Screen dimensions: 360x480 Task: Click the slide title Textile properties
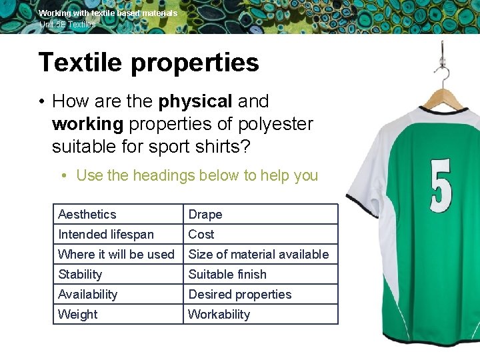click(x=149, y=63)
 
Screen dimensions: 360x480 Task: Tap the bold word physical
click(x=195, y=101)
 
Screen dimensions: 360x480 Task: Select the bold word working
click(x=87, y=124)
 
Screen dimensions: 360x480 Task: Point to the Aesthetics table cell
click(x=87, y=214)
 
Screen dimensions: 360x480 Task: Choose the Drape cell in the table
click(x=205, y=214)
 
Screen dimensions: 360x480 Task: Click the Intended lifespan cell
click(x=106, y=234)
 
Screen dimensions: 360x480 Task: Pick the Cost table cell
click(x=201, y=234)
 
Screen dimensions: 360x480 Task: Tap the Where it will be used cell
click(x=116, y=254)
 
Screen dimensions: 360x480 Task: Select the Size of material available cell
click(x=259, y=254)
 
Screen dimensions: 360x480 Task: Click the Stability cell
click(x=81, y=274)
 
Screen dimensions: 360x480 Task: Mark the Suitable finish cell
click(x=227, y=274)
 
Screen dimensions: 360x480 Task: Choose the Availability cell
click(x=88, y=294)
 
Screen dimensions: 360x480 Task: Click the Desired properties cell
click(x=240, y=294)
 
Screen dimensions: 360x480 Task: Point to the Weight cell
click(x=78, y=314)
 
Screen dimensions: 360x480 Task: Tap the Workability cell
click(x=219, y=314)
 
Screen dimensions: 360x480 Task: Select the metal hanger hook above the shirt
click(x=442, y=63)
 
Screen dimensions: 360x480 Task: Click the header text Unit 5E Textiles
click(x=67, y=24)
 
